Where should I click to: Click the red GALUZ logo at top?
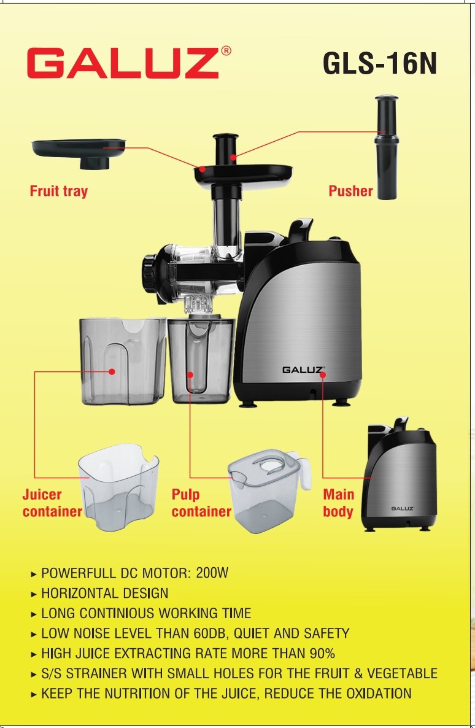[x=123, y=63]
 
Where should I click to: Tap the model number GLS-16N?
[x=380, y=63]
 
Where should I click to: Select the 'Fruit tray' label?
[x=58, y=192]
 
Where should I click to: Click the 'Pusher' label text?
[x=350, y=191]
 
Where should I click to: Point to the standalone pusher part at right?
[x=387, y=148]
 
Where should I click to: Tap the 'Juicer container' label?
[x=52, y=503]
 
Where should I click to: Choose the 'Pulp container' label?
[x=201, y=503]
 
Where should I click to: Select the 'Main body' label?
[x=339, y=503]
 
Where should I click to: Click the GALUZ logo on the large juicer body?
[x=303, y=370]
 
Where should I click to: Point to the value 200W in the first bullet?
[x=212, y=573]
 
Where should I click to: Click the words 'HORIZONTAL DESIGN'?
[x=105, y=594]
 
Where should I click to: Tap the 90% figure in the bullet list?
[x=322, y=654]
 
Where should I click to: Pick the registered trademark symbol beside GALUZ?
[x=226, y=51]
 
